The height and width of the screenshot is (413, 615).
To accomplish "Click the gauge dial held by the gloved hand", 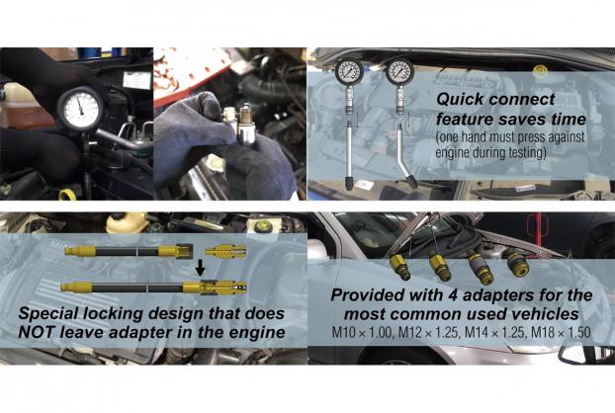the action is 82,108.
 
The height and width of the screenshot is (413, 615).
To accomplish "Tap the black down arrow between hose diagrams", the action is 200,269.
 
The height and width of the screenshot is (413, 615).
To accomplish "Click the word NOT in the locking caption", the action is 38,332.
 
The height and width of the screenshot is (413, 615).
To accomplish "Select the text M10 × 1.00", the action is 362,333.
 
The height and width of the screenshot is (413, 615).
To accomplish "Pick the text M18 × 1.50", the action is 561,333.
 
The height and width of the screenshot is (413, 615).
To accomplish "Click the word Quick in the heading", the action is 460,100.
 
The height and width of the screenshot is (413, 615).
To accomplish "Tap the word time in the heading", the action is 568,119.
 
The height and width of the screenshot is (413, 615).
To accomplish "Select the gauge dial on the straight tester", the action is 349,72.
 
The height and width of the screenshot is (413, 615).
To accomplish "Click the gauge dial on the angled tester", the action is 399,72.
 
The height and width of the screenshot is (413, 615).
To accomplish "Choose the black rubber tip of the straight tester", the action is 349,183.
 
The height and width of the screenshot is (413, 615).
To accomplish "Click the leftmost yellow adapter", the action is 400,267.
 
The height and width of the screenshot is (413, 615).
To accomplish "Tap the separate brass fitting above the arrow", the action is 226,251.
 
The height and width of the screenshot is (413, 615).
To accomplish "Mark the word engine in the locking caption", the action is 257,333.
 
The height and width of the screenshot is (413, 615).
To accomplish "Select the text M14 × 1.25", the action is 494,333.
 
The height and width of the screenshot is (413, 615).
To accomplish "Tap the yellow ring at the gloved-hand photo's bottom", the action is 67,195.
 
